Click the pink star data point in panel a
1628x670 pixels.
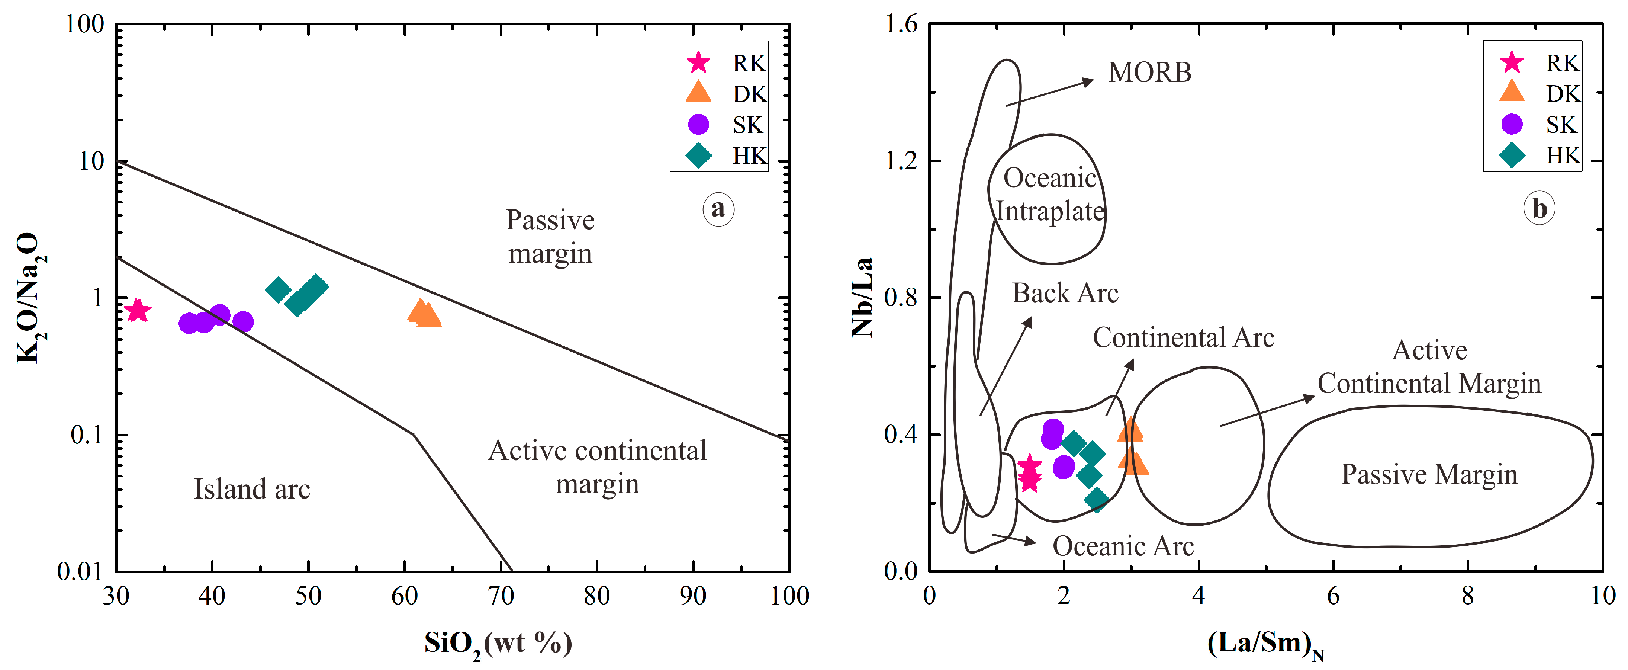pyautogui.click(x=138, y=310)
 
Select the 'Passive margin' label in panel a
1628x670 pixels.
pyautogui.click(x=550, y=236)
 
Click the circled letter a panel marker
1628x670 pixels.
pyautogui.click(x=718, y=209)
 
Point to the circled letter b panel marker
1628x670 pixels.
pyautogui.click(x=1539, y=209)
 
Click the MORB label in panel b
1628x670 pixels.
pyautogui.click(x=1149, y=73)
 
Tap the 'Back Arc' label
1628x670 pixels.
pyautogui.click(x=1065, y=293)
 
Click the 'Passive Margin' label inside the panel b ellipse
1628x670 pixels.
pyautogui.click(x=1429, y=474)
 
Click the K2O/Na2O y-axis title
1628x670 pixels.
pyautogui.click(x=28, y=297)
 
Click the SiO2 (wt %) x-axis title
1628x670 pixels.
pyautogui.click(x=498, y=644)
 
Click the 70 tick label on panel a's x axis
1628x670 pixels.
pyautogui.click(x=501, y=596)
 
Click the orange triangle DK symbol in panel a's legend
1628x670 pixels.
pyautogui.click(x=698, y=92)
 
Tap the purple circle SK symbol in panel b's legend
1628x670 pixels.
pyautogui.click(x=1511, y=124)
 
